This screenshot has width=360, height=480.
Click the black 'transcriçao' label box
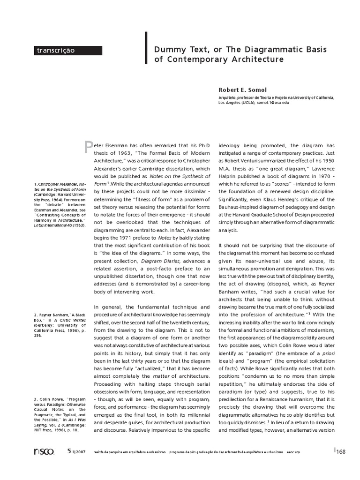coord(68,50)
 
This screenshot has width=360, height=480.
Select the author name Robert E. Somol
coord(243,90)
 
